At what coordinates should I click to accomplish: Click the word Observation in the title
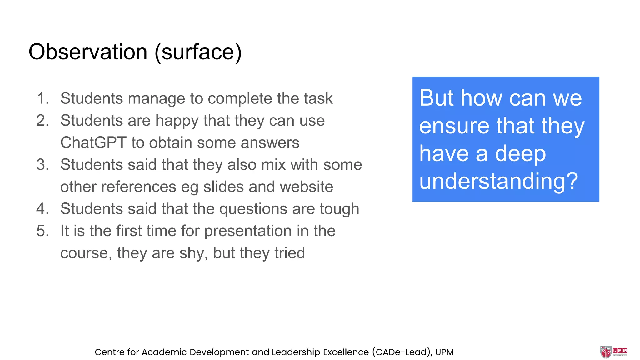click(x=88, y=52)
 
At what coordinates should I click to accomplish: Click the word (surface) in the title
click(x=198, y=52)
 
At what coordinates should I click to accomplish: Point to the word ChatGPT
click(x=93, y=142)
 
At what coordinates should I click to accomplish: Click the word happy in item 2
click(x=177, y=121)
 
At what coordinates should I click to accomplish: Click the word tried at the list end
click(x=290, y=253)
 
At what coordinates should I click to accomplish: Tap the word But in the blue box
click(x=437, y=98)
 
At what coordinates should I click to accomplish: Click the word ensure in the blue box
click(x=454, y=126)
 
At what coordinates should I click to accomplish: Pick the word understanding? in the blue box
click(x=499, y=181)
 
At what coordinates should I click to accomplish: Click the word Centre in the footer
click(x=109, y=352)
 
